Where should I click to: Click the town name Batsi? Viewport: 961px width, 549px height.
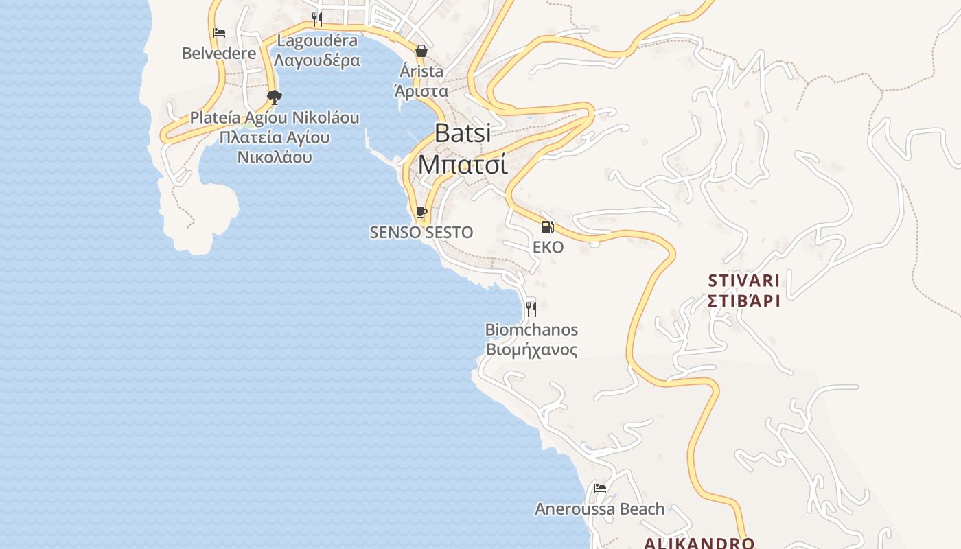tap(463, 133)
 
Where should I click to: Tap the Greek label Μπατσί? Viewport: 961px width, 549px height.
tap(463, 164)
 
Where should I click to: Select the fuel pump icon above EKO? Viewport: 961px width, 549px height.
tap(547, 227)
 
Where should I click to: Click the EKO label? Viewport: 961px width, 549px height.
tap(548, 247)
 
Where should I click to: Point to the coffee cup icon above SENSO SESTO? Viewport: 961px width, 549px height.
tap(421, 213)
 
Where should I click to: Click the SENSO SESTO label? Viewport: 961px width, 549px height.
tap(421, 233)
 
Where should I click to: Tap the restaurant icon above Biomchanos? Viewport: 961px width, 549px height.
tap(531, 309)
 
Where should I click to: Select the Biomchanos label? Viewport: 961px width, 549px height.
tap(531, 329)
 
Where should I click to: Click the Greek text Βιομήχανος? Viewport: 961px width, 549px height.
tap(531, 350)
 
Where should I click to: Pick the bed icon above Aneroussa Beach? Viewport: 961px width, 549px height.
tap(600, 489)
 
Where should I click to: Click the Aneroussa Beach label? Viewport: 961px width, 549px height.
tap(600, 509)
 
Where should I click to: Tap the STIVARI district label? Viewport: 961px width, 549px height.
tap(744, 281)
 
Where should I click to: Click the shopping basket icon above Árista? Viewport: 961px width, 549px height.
tap(421, 51)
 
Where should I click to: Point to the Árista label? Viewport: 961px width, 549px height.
tap(421, 71)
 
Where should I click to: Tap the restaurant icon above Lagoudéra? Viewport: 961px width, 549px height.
tap(317, 19)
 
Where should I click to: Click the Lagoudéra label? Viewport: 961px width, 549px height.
tap(317, 40)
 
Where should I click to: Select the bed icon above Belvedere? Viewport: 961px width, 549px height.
tap(219, 32)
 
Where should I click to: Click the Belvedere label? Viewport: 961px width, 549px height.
tap(219, 53)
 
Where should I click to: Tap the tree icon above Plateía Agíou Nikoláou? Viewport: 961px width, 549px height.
tap(275, 97)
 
